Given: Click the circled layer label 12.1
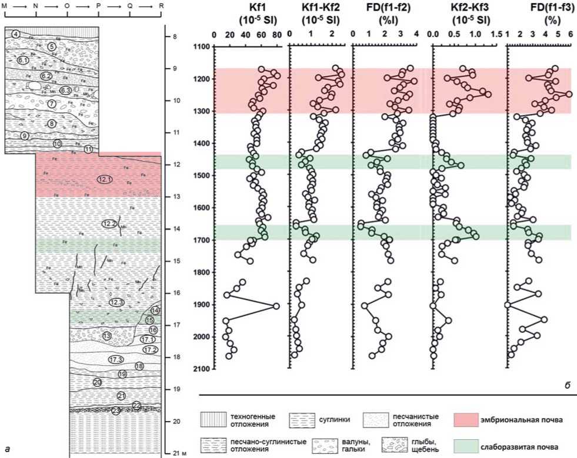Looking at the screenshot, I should click(105, 179).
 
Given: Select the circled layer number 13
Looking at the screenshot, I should click(106, 336).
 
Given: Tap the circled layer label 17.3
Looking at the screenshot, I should click(115, 359).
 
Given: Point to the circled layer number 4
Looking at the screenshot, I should click(16, 34).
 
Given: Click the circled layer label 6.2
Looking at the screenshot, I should click(46, 76).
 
